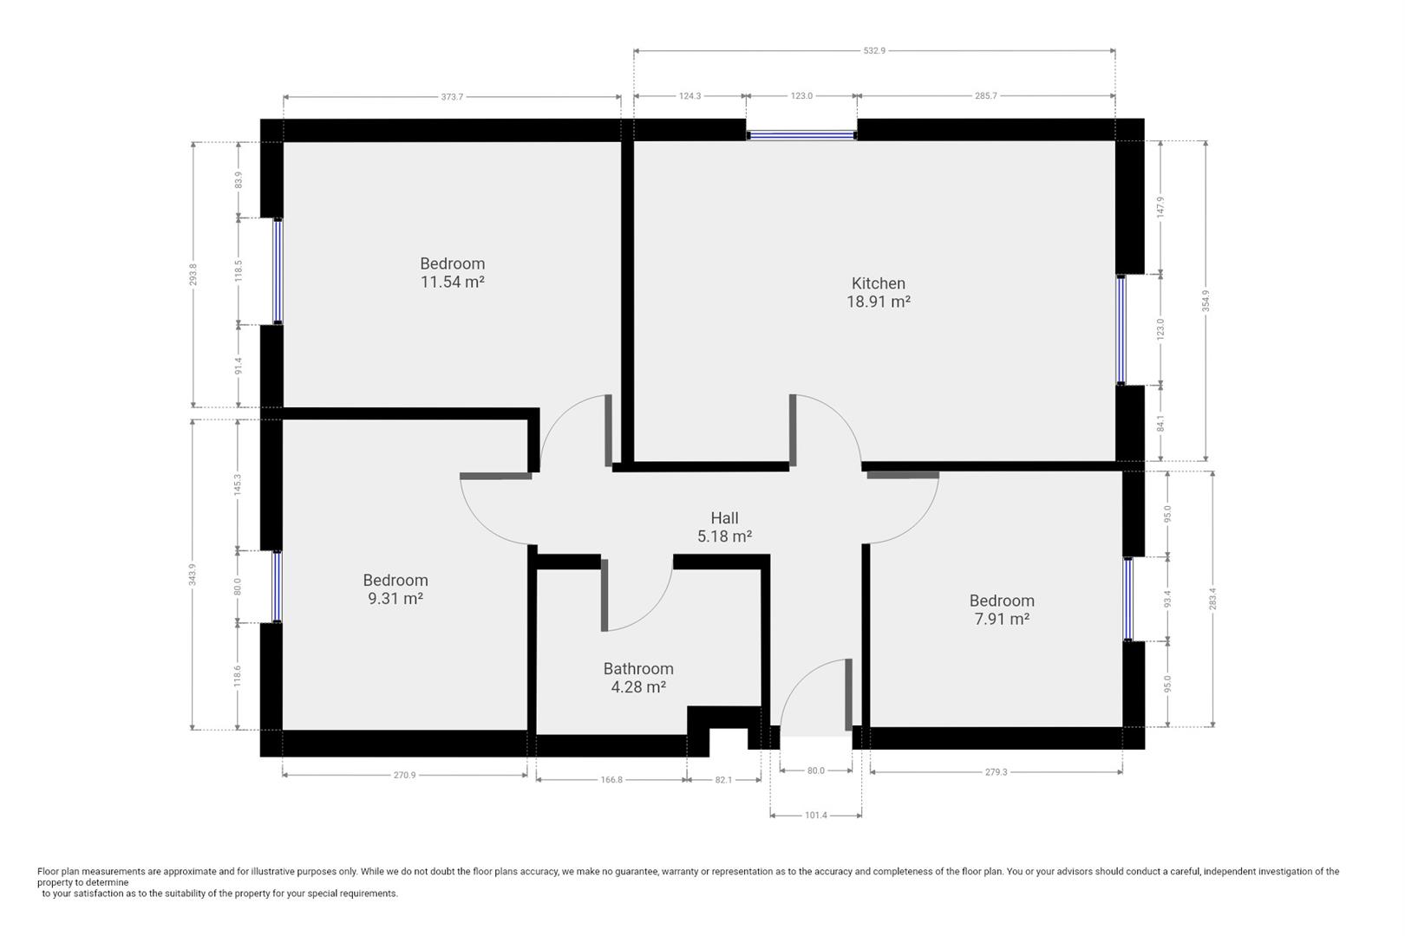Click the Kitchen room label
point(878,283)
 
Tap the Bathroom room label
point(638,669)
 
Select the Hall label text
point(724,518)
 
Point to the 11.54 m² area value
point(452,283)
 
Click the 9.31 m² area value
point(395,599)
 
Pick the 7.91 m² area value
point(1002,620)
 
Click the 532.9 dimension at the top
point(874,51)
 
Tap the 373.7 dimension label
point(452,97)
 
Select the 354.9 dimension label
point(1206,301)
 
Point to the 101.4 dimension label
point(816,816)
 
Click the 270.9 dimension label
point(404,776)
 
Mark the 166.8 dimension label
point(611,780)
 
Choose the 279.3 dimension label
point(996,772)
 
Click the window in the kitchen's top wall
point(801,135)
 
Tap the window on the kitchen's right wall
point(1121,329)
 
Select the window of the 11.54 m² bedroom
point(278,271)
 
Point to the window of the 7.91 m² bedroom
point(1127,600)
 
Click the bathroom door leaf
point(604,595)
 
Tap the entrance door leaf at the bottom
point(849,695)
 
